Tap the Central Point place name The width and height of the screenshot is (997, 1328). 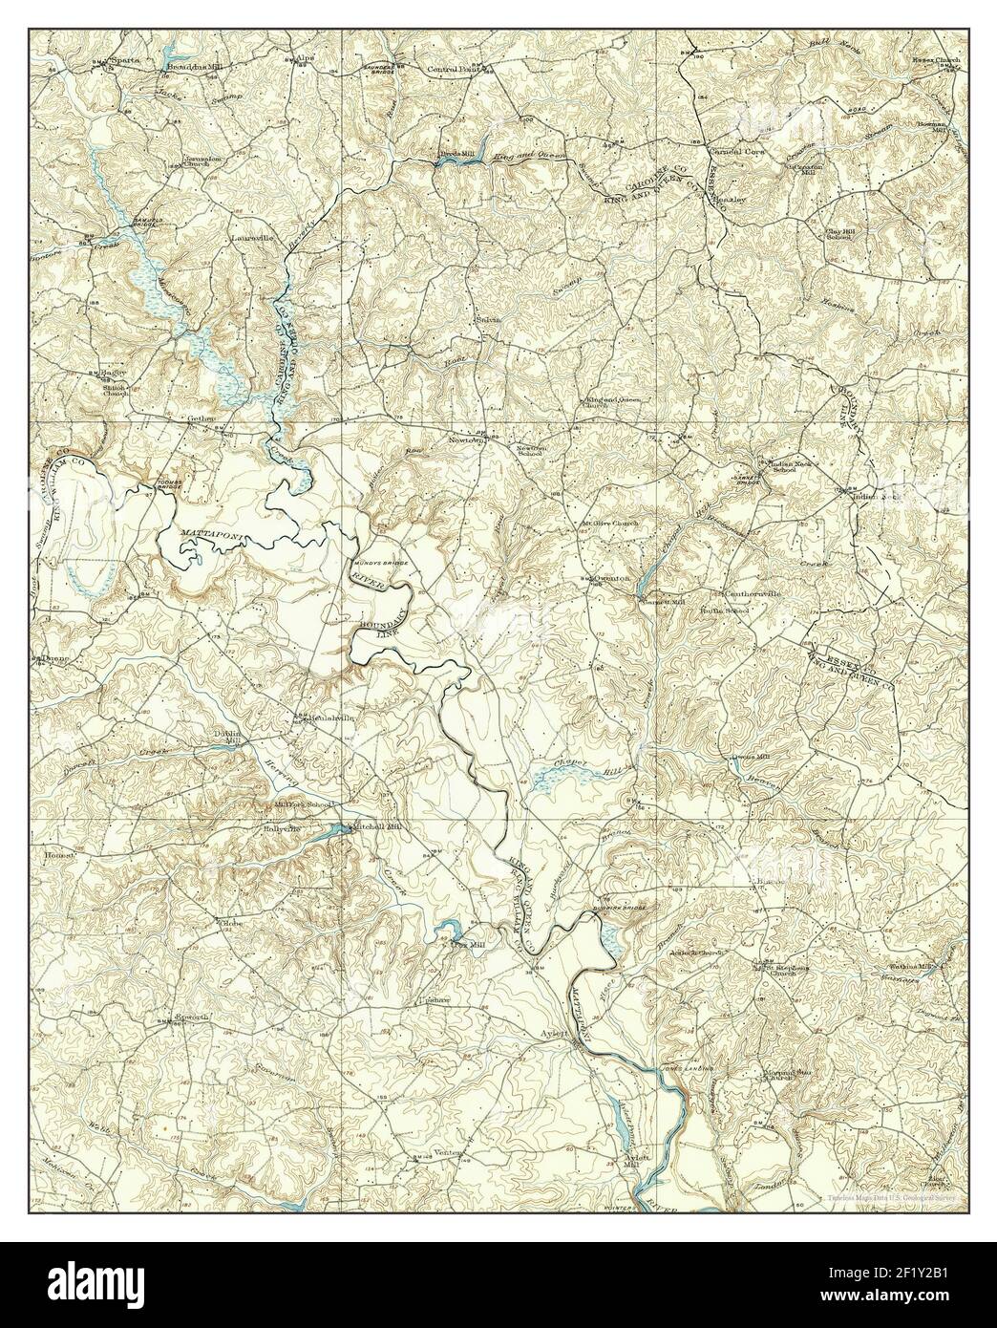[x=456, y=69]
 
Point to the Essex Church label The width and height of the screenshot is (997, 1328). [x=940, y=60]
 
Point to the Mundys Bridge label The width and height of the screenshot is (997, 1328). [x=384, y=564]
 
